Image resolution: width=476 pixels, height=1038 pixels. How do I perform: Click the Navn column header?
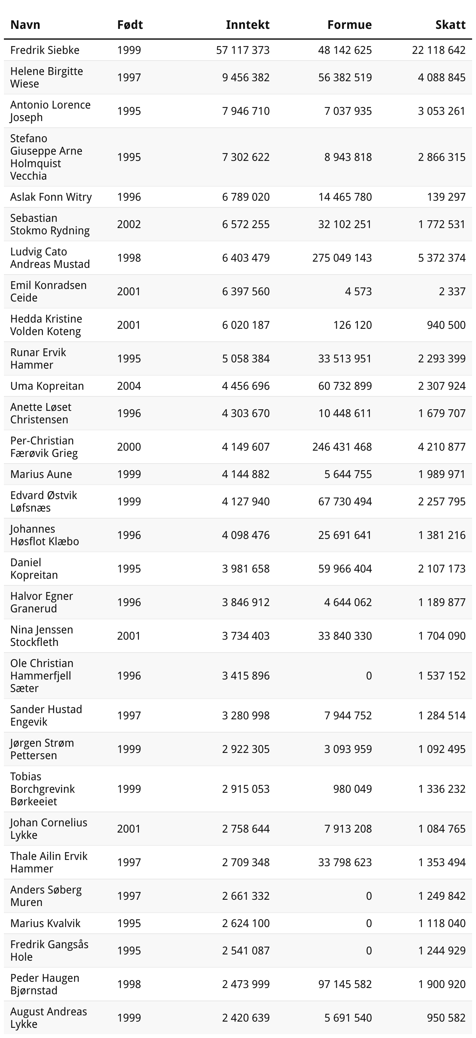point(25,25)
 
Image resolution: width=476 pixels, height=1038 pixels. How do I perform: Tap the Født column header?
point(130,25)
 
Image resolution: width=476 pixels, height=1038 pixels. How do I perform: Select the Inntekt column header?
point(247,25)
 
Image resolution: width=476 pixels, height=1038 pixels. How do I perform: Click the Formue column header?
point(349,25)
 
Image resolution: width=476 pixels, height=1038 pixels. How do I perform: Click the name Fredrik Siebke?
point(45,50)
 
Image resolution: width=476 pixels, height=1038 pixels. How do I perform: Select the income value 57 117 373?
point(242,50)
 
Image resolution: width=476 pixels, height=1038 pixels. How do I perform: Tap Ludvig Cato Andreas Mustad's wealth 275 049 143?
point(341,258)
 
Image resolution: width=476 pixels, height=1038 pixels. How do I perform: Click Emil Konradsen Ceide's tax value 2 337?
point(452,291)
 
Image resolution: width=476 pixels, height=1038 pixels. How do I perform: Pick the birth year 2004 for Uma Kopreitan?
point(129,386)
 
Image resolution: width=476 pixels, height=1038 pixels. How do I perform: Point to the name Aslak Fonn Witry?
point(51,197)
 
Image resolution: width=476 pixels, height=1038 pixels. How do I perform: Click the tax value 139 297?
point(446,197)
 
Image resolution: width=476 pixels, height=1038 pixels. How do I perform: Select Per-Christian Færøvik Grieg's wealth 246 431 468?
point(341,447)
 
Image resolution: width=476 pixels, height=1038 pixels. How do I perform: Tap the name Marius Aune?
point(41,474)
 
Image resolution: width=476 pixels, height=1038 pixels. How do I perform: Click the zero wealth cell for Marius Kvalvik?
point(368,923)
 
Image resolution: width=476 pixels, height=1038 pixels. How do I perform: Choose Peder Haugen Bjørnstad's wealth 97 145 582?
point(345,984)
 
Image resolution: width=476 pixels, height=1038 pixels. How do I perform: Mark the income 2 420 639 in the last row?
point(246,1017)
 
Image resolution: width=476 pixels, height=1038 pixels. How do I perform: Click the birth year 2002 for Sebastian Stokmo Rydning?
point(129,225)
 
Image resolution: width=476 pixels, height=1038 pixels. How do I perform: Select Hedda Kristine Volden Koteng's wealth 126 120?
point(352,325)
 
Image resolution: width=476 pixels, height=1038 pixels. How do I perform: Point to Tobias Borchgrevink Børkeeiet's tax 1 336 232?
point(441,789)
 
